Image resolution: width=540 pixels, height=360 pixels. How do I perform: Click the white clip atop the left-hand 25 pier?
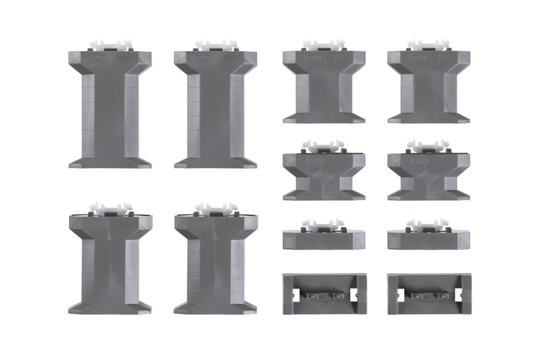point(322,46)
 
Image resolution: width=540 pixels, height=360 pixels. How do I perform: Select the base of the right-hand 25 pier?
point(429,116)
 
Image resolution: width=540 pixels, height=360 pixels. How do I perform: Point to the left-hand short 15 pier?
point(324,176)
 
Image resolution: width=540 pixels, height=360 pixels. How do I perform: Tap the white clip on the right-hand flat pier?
point(429,225)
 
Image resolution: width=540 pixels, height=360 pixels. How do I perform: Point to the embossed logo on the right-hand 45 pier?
point(202,57)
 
